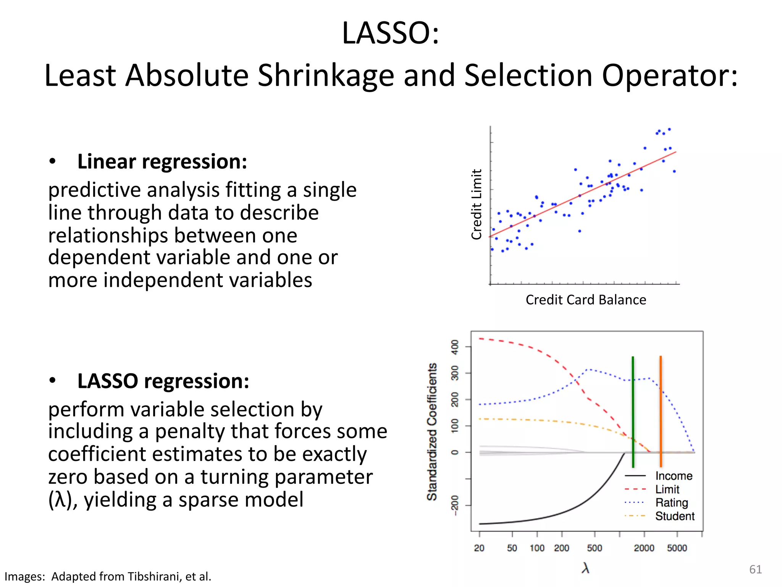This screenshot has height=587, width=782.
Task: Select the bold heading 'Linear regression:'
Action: [162, 162]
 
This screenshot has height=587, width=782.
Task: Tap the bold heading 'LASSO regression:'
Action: [163, 381]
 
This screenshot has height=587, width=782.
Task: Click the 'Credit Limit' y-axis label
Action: [477, 204]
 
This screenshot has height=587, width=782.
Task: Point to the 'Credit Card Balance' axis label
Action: [586, 300]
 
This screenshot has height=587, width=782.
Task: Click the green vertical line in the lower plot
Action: [633, 413]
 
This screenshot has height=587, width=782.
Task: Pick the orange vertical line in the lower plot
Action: [661, 413]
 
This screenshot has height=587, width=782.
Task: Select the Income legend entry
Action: [674, 476]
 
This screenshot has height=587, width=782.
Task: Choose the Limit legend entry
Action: [667, 489]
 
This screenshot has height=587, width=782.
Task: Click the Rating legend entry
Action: [671, 503]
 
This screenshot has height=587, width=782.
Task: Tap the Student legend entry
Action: [675, 516]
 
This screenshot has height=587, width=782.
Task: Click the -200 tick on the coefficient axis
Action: [454, 505]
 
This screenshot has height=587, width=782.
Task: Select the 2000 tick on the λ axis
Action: [644, 548]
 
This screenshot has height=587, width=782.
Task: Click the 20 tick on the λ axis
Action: [479, 548]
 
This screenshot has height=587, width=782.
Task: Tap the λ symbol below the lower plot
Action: [585, 568]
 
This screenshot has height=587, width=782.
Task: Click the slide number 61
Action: [755, 569]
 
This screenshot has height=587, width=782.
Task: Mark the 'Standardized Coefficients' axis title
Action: [432, 432]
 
